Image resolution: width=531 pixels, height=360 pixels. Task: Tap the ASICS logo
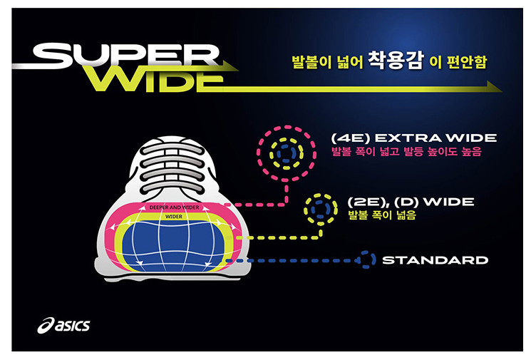point(64,326)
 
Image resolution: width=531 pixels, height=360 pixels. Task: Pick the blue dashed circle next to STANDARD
point(366,259)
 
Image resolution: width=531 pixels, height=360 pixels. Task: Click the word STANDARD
point(435,260)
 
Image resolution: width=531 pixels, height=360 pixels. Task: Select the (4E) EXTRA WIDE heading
point(413,138)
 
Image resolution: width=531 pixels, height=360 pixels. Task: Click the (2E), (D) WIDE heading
point(410,202)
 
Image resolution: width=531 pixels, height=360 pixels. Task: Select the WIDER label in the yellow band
point(172,216)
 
